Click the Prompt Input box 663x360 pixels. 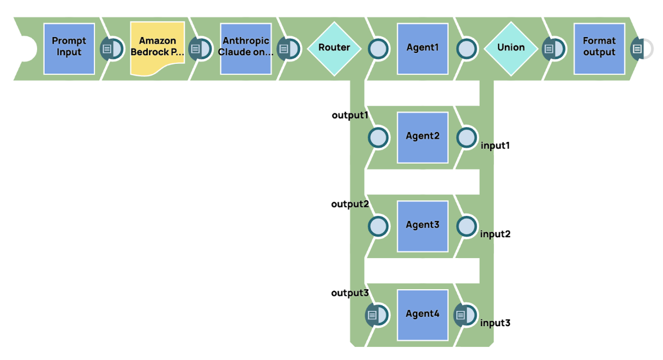coord(69,49)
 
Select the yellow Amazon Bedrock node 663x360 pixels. coord(157,49)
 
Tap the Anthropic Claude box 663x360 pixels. coord(246,49)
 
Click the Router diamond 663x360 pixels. coord(334,49)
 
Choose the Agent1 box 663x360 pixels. coord(423,49)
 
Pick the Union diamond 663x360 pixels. coord(511,49)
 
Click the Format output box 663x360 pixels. coord(599,49)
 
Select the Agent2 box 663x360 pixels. coord(423,137)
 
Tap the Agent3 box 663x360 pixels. coord(423,226)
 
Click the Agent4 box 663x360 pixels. coord(423,315)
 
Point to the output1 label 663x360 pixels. coord(350,116)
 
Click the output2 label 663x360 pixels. coord(350,204)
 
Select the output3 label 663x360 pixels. coord(350,293)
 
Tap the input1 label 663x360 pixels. coord(495,146)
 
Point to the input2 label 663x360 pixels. coord(495,234)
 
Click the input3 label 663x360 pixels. coord(495,323)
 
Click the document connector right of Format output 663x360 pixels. coord(638,49)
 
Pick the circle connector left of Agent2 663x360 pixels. coord(378,137)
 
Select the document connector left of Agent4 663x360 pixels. coord(376,315)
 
